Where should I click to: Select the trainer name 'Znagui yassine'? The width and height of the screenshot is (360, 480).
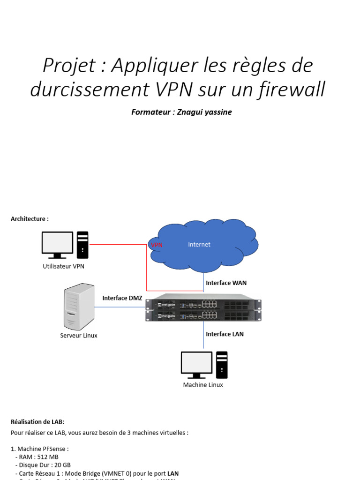click(204, 112)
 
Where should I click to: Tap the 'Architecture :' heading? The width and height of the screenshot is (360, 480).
click(30, 219)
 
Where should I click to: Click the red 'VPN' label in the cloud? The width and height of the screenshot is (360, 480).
click(157, 245)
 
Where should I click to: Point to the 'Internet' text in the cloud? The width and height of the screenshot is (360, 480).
click(199, 244)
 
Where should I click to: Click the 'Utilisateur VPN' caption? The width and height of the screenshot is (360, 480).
click(63, 266)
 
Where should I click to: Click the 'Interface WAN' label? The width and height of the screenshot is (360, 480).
click(226, 283)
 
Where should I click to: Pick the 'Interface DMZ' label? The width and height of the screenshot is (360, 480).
click(122, 298)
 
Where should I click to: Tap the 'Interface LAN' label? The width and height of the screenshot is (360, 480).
click(225, 334)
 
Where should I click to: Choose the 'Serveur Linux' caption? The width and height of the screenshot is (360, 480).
click(79, 336)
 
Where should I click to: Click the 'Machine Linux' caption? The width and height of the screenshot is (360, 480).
click(203, 385)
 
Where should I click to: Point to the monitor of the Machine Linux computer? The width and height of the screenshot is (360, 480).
click(196, 364)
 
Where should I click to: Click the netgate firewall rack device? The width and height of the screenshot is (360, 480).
click(203, 307)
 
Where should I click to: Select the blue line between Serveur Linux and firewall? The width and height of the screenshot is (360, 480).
click(120, 307)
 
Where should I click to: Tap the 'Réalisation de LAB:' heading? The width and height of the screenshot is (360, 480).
click(37, 422)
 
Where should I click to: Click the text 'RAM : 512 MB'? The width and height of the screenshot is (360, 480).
click(39, 457)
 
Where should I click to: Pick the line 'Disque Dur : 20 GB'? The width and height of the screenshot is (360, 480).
click(45, 465)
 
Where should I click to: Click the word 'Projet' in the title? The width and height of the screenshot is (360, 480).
click(69, 66)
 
